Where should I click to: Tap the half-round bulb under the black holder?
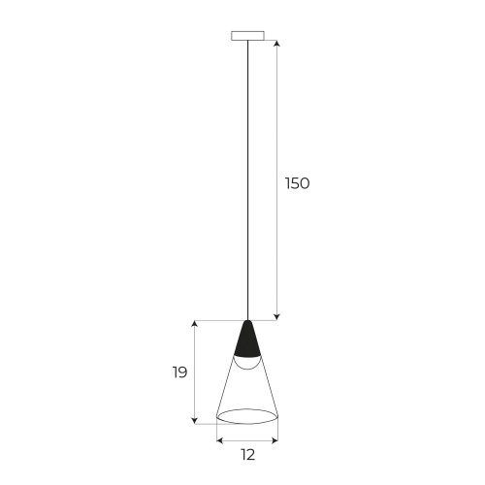coord(248,363)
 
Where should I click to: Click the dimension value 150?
coord(297,183)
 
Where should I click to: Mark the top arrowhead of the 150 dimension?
coord(278,44)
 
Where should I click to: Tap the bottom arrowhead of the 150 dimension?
coord(278,316)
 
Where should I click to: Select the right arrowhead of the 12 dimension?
coord(275,439)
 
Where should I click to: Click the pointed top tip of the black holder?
coord(248,321)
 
